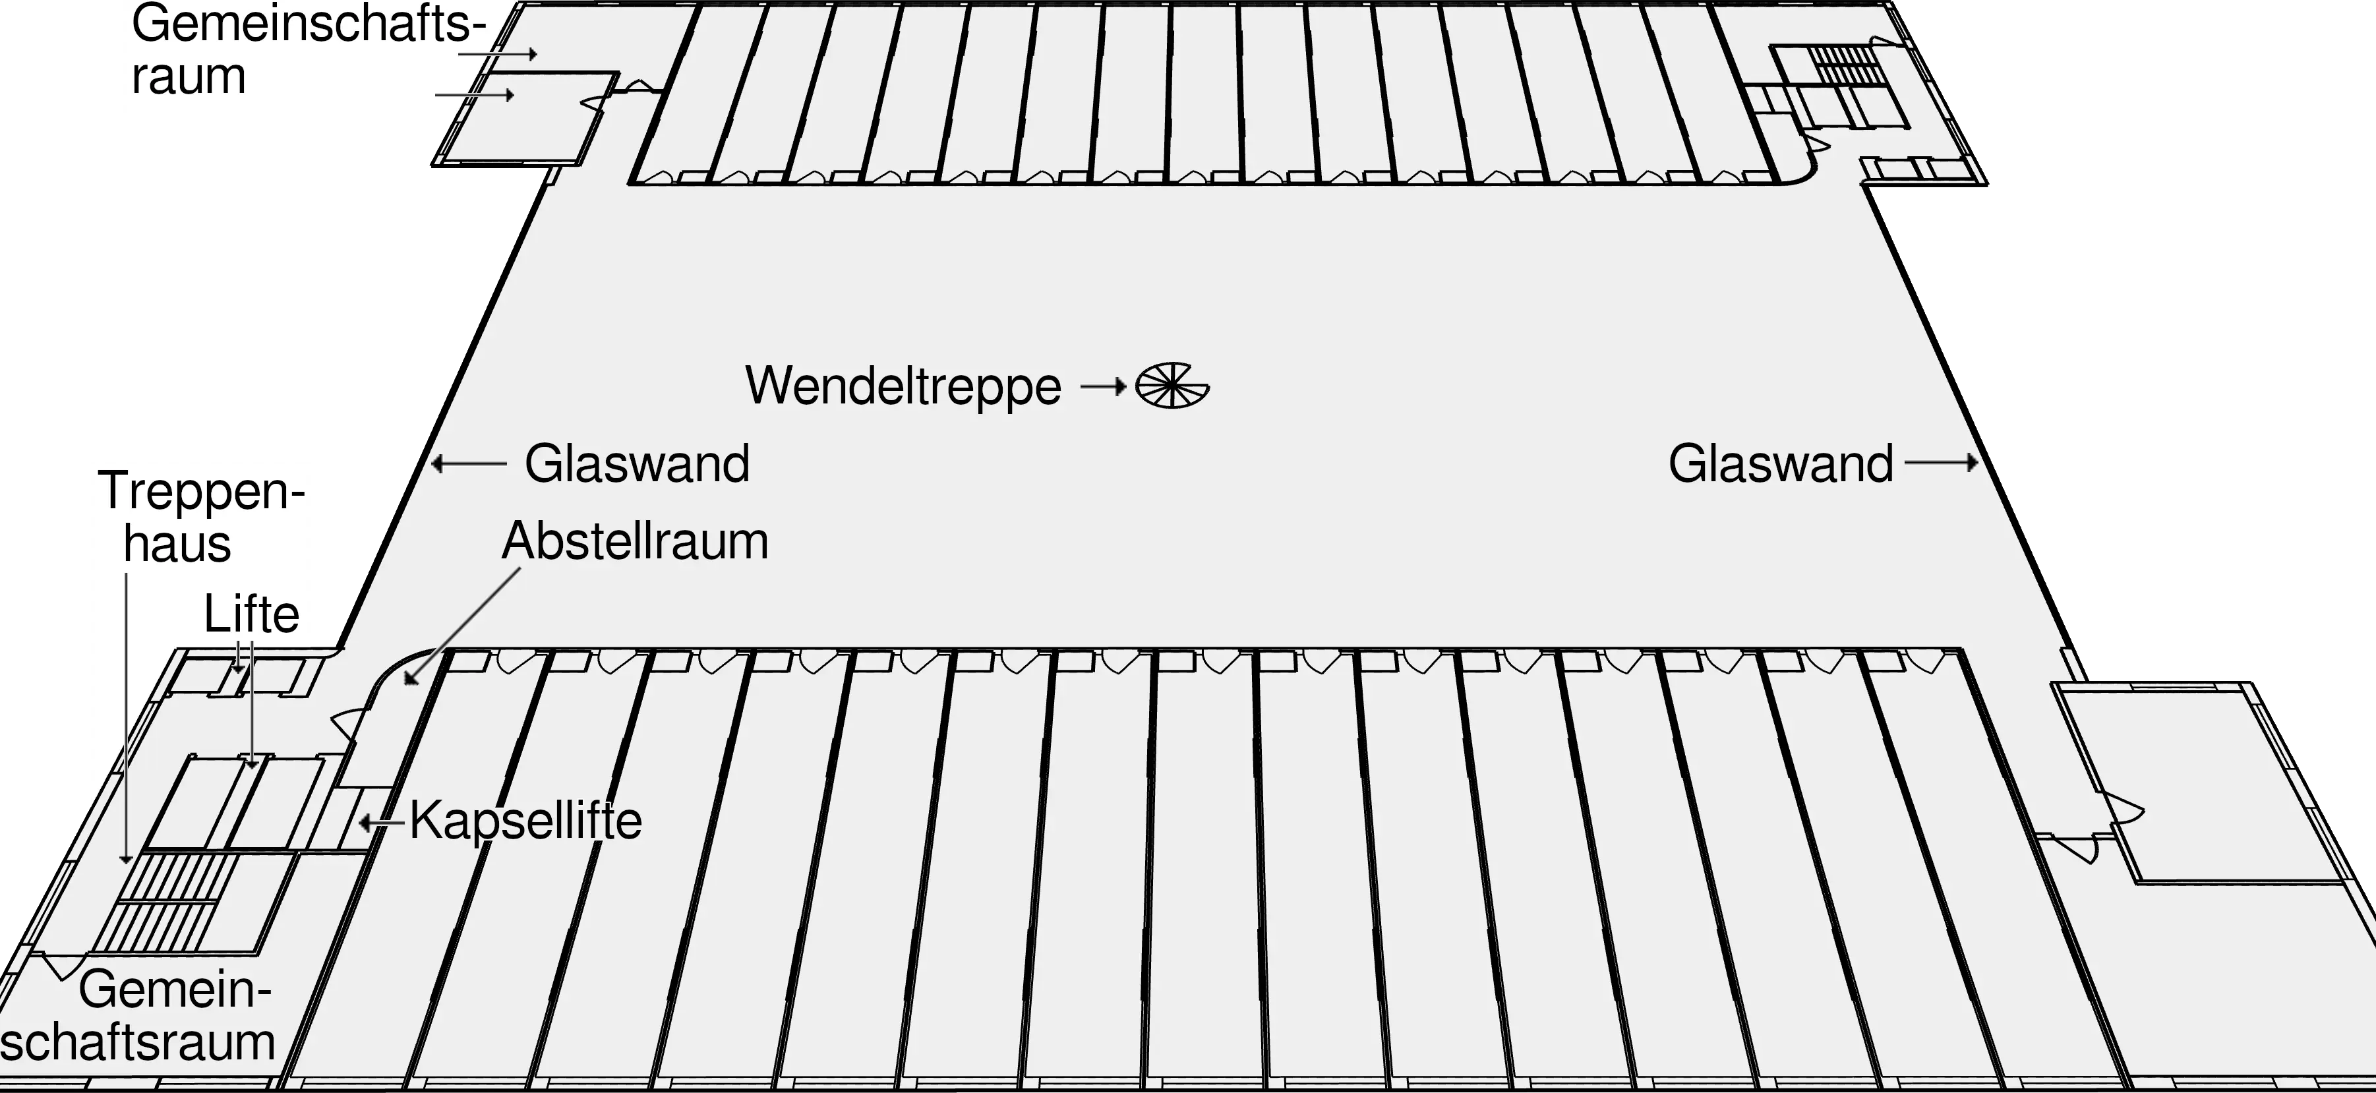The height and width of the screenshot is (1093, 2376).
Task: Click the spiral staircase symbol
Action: (1172, 386)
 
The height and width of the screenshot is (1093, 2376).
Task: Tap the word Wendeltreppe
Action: (903, 386)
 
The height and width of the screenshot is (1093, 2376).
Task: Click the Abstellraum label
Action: (635, 541)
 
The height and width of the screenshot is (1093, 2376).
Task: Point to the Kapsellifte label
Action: (525, 820)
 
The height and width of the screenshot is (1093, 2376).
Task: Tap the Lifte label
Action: (251, 614)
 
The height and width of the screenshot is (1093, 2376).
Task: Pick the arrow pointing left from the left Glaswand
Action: (469, 463)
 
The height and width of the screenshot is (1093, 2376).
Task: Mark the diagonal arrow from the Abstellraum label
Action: (461, 627)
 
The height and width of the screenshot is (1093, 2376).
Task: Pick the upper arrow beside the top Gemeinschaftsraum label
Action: (497, 55)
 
